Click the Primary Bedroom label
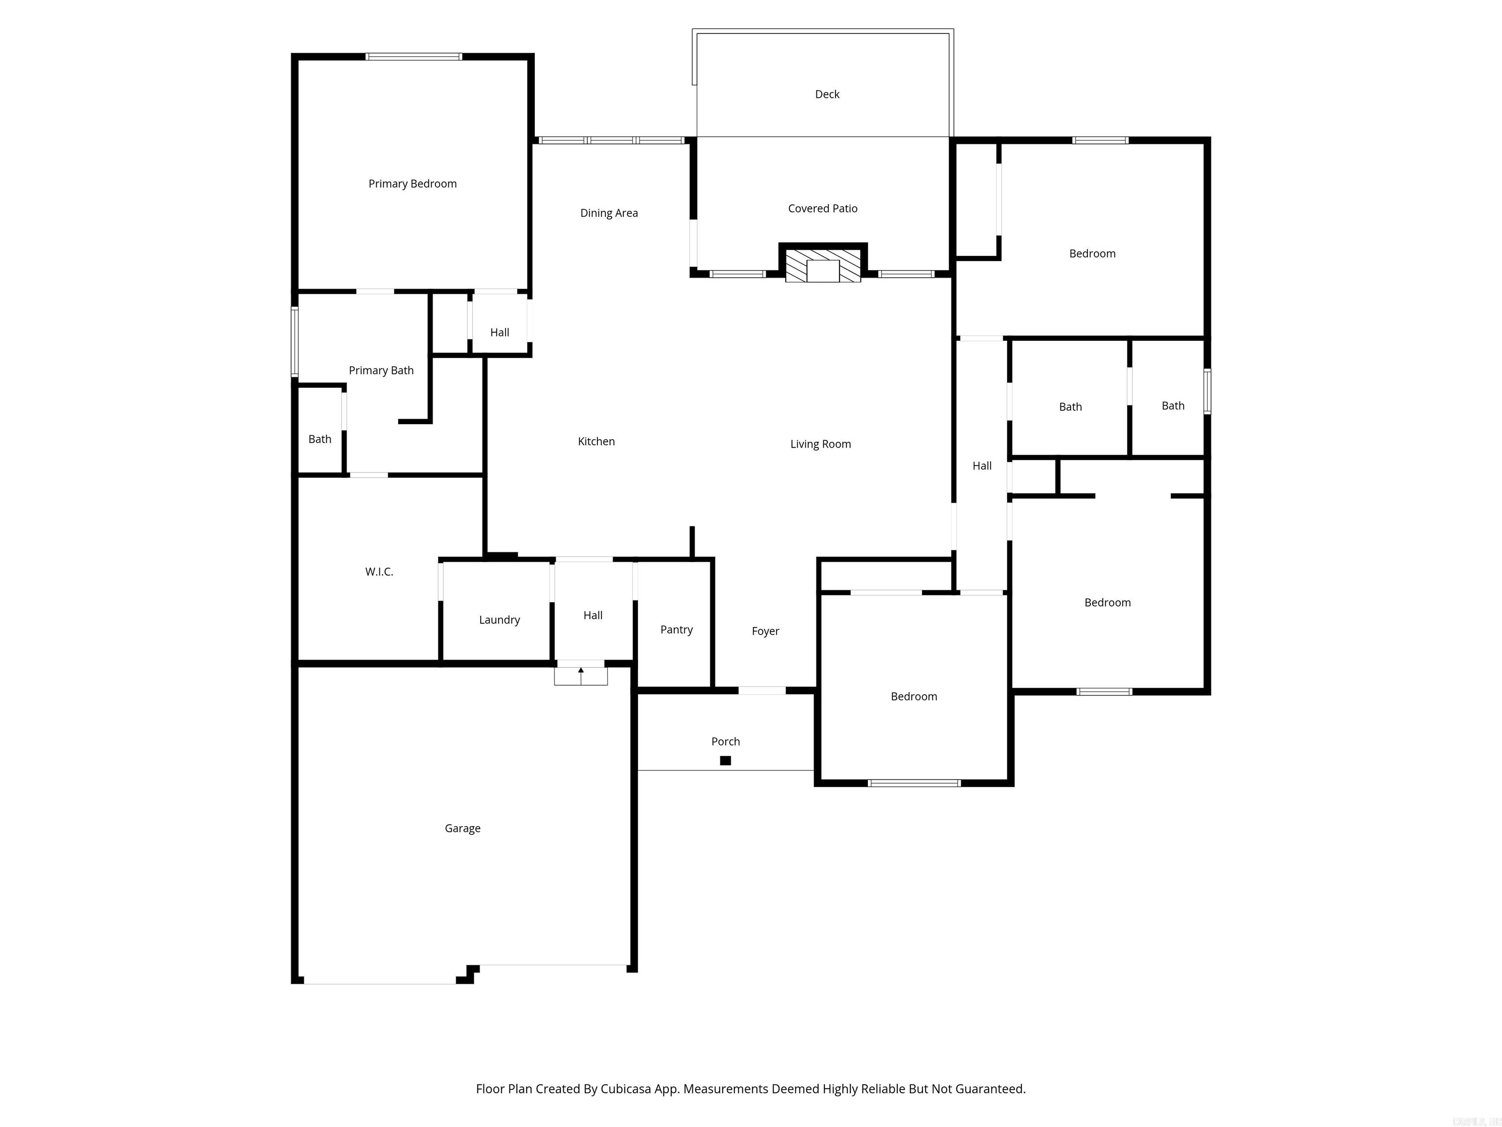click(x=412, y=183)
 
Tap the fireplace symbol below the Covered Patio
click(x=823, y=266)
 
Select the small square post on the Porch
click(x=725, y=761)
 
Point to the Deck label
click(x=827, y=94)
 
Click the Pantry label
click(x=676, y=630)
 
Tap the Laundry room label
click(x=499, y=620)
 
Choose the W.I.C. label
click(x=379, y=572)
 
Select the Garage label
click(x=463, y=828)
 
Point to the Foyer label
click(x=765, y=631)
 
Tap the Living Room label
click(x=820, y=444)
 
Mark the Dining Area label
click(x=608, y=213)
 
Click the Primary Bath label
click(x=381, y=370)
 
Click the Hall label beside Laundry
click(x=593, y=615)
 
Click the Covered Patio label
click(x=822, y=208)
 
